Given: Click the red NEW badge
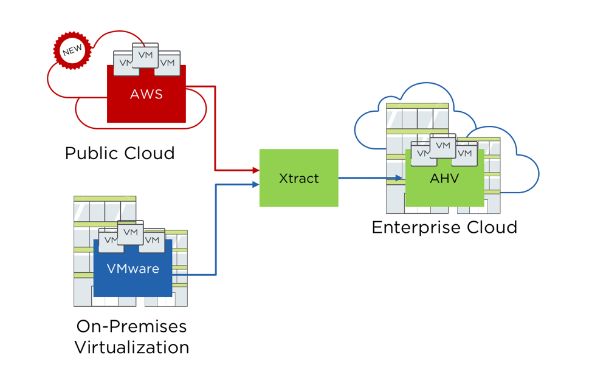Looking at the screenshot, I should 72,51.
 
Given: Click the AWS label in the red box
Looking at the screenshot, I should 146,94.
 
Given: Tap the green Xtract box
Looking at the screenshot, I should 298,178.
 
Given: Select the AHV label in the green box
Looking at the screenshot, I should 444,179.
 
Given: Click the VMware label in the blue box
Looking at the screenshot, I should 133,268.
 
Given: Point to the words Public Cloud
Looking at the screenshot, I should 120,153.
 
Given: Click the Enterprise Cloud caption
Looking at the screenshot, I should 444,227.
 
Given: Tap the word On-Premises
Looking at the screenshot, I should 131,326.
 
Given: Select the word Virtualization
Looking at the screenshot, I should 131,348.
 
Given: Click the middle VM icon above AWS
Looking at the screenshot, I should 145,55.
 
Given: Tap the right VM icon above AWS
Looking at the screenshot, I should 168,63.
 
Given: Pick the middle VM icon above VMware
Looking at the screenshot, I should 130,232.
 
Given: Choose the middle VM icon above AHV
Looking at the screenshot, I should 443,145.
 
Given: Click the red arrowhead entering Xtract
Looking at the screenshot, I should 256,170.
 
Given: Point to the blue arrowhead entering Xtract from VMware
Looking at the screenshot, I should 256,184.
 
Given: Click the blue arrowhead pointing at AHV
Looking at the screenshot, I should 399,178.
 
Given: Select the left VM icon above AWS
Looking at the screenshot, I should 123,63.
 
